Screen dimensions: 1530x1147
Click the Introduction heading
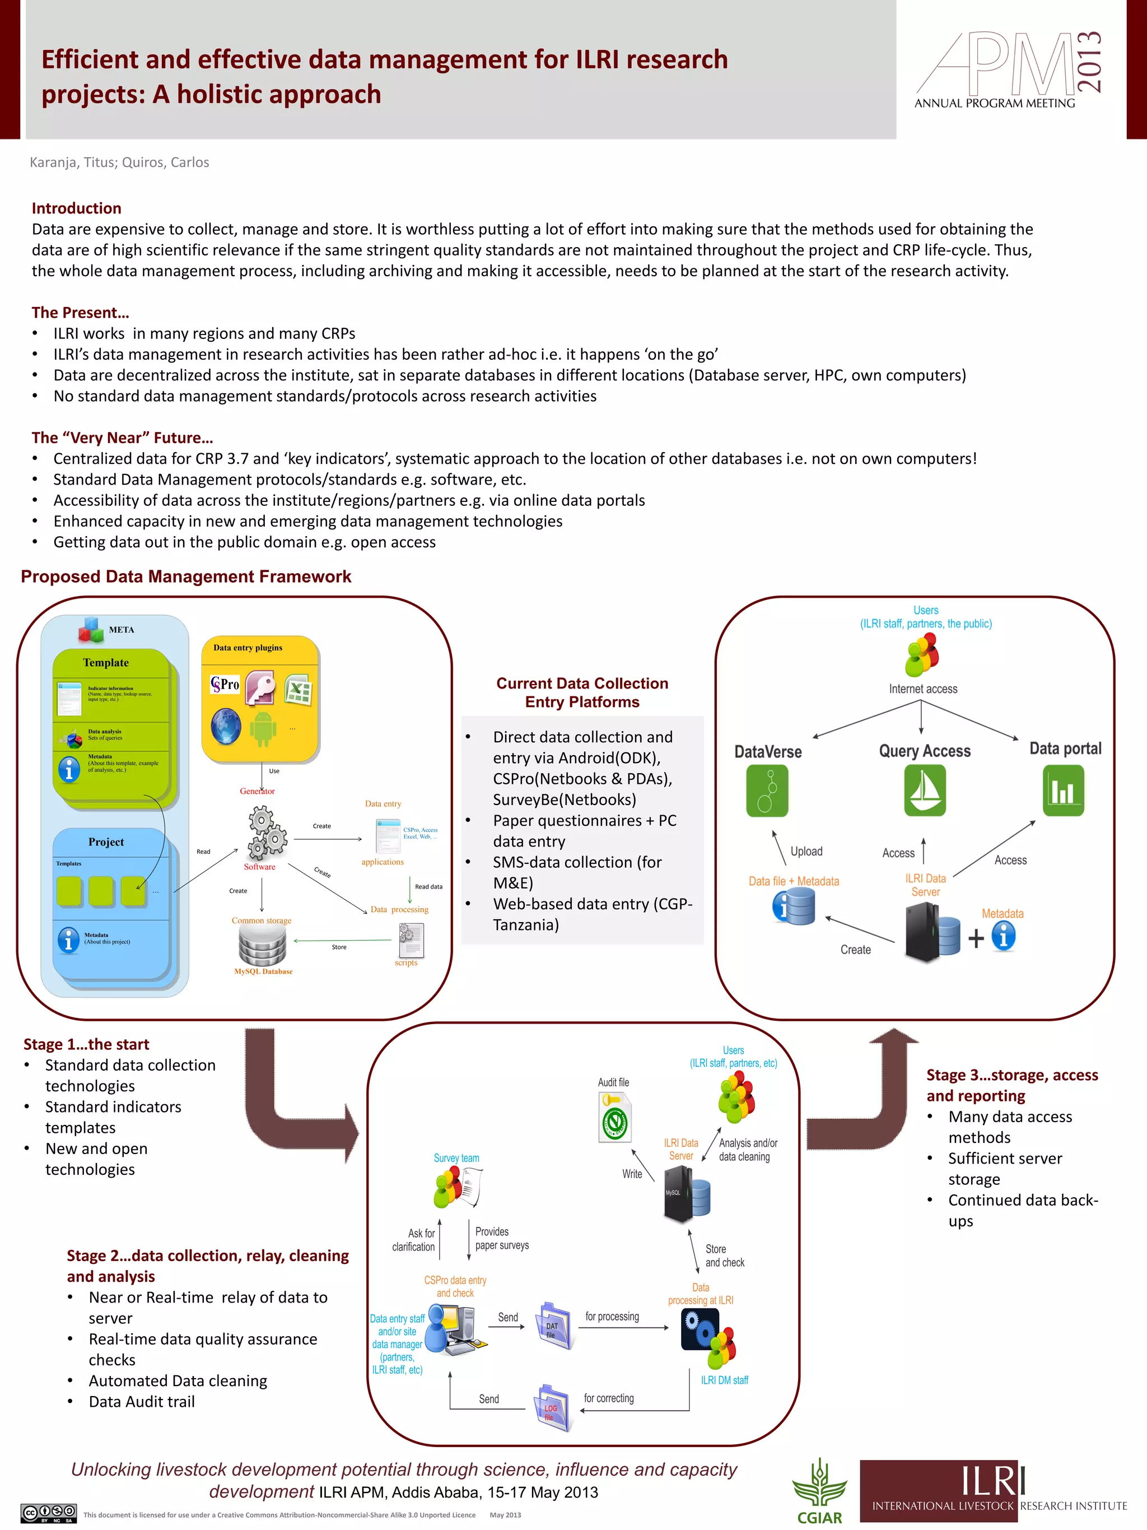pyautogui.click(x=76, y=208)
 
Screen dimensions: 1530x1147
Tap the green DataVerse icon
pyautogui.click(x=767, y=791)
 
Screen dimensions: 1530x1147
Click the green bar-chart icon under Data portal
pyautogui.click(x=1064, y=791)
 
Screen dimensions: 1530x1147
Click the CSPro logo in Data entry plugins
pyautogui.click(x=225, y=685)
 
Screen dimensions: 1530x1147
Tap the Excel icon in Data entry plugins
pyautogui.click(x=298, y=690)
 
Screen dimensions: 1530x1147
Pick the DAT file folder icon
pyautogui.click(x=554, y=1326)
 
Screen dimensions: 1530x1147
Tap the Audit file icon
pyautogui.click(x=614, y=1117)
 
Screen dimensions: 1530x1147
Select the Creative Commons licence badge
pyautogui.click(x=48, y=1513)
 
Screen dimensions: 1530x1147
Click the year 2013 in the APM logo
pyautogui.click(x=1089, y=62)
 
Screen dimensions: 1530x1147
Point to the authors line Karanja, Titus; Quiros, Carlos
pyautogui.click(x=119, y=162)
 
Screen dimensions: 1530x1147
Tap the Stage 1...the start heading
pyautogui.click(x=86, y=1044)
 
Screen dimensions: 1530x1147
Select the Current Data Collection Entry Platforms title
pyautogui.click(x=582, y=692)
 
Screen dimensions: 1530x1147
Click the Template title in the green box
pyautogui.click(x=106, y=663)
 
